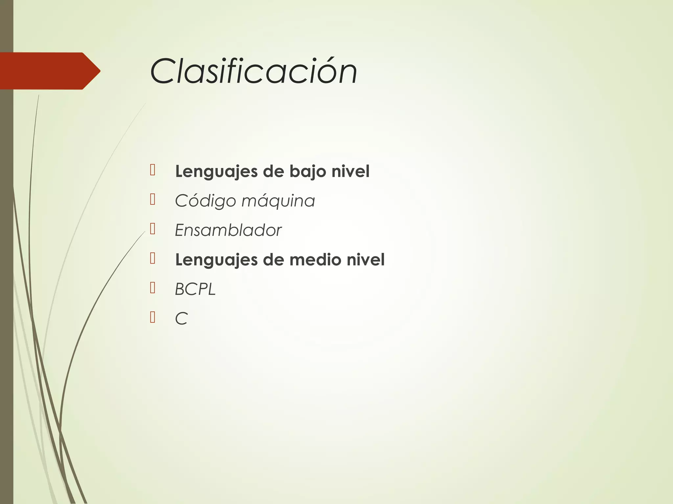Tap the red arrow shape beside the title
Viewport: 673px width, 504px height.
pos(49,71)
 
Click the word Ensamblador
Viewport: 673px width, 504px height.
pos(228,230)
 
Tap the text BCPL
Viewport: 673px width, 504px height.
pos(195,289)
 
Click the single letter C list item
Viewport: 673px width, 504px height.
pos(181,319)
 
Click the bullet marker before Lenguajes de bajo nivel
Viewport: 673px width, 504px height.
pos(152,170)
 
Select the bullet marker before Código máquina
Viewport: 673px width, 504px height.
pos(152,199)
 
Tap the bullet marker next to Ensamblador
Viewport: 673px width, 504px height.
pos(152,229)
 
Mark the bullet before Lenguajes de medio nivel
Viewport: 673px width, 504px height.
pos(152,258)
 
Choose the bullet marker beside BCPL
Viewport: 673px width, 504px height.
pos(152,288)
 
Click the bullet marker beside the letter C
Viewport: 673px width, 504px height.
pos(152,317)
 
